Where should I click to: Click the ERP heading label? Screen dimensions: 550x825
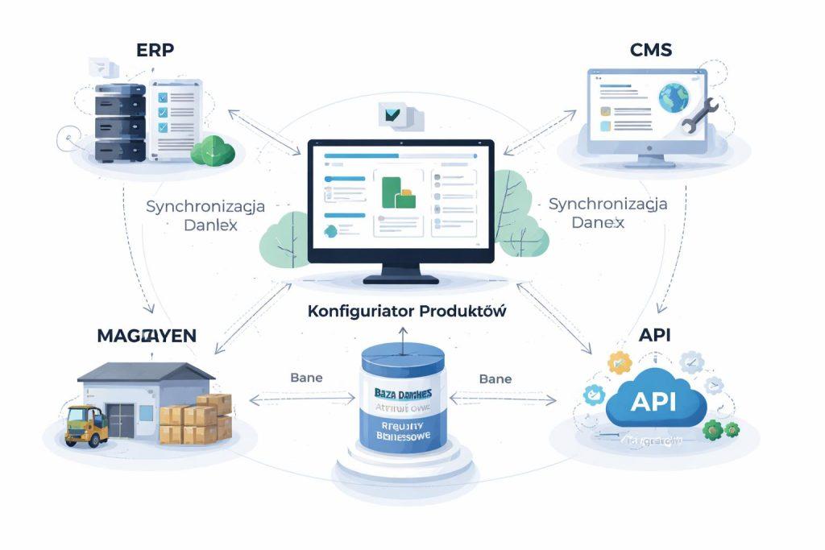coord(155,50)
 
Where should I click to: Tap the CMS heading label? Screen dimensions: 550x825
coord(650,51)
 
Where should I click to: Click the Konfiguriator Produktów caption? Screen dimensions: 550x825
coord(407,312)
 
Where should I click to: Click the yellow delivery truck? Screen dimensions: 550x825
coord(86,424)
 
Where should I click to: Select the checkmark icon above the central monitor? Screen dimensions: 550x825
coord(393,115)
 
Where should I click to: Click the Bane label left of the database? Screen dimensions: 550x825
coord(307,377)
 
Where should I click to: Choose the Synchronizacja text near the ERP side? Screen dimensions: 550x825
coord(205,206)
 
